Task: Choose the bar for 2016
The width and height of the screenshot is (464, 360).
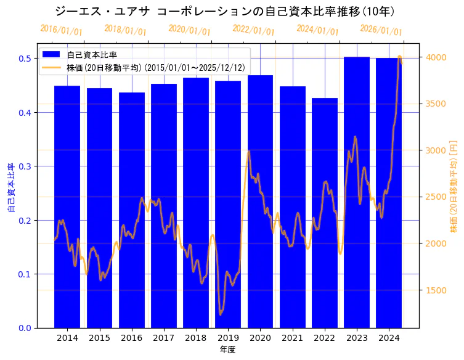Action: click(132, 210)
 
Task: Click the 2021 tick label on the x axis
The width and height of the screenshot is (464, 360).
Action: click(292, 338)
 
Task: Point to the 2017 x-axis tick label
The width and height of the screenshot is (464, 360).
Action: click(164, 338)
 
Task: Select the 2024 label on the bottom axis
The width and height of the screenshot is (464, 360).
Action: click(389, 338)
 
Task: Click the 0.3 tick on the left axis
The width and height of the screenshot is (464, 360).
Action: click(25, 166)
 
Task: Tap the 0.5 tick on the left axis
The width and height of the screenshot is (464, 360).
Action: click(25, 59)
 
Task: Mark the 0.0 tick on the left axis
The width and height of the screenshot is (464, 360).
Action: click(25, 328)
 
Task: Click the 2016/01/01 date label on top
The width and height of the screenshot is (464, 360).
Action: click(61, 30)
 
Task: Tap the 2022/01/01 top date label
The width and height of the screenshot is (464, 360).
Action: click(253, 30)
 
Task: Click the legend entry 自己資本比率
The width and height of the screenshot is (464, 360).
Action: click(92, 55)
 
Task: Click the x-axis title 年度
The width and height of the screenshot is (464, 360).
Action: click(227, 350)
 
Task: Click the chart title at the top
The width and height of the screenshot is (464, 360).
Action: click(225, 11)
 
